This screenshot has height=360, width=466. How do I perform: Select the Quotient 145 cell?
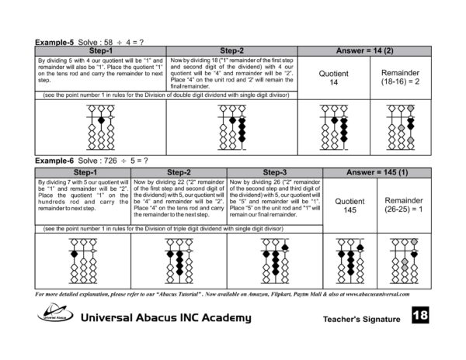pos(349,203)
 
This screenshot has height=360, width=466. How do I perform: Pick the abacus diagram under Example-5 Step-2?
pos(232,129)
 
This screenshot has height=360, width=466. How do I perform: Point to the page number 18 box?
pos(419,316)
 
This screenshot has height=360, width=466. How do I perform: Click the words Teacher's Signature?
pos(361,319)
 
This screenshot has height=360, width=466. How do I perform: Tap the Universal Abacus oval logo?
pos(54,313)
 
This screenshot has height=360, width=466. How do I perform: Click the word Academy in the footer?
pos(226,318)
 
